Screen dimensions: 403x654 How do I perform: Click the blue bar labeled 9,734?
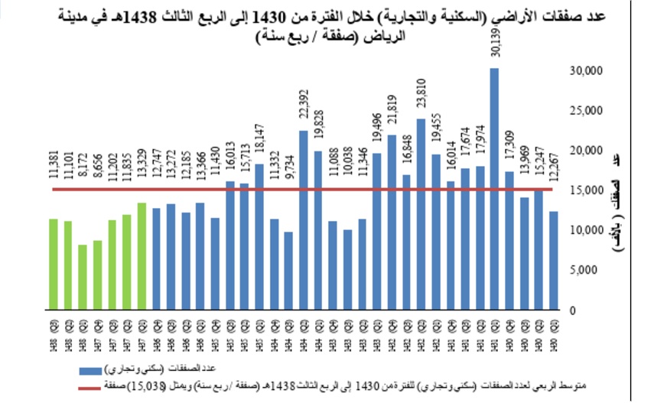point(288,271)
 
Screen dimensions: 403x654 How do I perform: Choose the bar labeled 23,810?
point(421,215)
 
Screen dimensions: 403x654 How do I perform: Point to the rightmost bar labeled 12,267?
point(553,261)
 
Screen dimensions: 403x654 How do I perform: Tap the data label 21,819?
point(392,115)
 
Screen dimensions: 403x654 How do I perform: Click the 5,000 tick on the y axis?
point(585,270)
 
